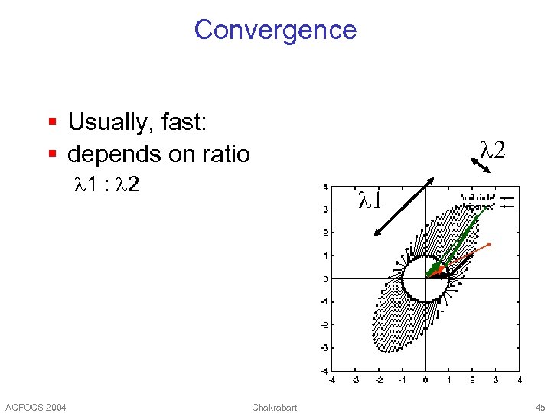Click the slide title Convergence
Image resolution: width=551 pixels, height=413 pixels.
(275, 30)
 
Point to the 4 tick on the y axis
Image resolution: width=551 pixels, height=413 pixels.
(326, 187)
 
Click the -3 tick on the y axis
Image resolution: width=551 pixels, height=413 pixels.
(324, 348)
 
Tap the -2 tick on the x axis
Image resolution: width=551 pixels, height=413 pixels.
(379, 379)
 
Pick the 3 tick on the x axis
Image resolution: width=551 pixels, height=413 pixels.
(495, 379)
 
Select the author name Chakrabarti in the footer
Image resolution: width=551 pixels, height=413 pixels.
(275, 406)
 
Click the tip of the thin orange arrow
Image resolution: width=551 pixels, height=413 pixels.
(491, 244)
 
